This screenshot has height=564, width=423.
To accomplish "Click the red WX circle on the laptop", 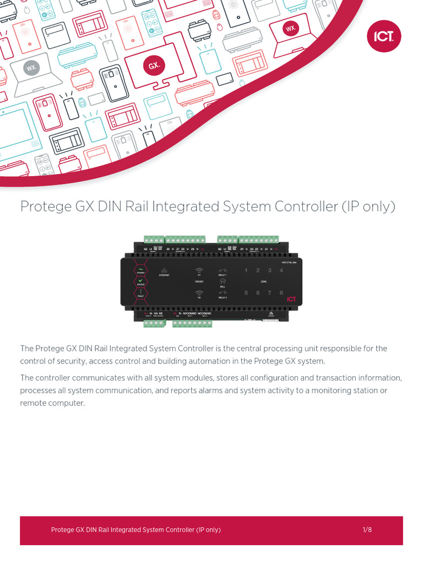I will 290,28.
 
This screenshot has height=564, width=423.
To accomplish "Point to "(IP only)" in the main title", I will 368,207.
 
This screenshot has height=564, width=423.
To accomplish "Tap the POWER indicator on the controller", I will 140,270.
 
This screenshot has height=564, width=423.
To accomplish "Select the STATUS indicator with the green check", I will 140,282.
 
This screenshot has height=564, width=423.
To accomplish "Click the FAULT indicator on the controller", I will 140,294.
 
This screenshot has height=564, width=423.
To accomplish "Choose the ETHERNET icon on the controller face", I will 165,272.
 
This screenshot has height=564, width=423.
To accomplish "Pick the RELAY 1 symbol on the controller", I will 223,272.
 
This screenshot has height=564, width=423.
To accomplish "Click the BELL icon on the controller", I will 223,283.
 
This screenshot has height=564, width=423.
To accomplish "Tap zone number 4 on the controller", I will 281,270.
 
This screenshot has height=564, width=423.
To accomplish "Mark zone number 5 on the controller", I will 246,293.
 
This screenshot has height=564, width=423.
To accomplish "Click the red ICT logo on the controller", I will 291,299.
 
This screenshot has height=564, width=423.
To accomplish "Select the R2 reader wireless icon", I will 199,294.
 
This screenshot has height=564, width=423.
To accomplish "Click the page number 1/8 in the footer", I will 367,530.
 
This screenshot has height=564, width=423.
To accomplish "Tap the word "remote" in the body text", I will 34,403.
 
